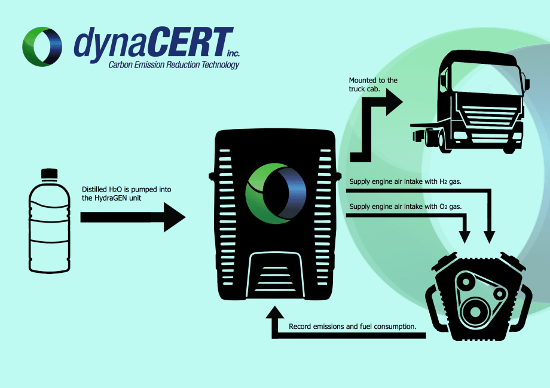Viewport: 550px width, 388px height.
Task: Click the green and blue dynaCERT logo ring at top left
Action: click(x=41, y=46)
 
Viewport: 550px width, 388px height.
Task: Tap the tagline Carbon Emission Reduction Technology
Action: click(x=174, y=64)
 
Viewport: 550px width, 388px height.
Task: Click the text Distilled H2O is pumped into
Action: click(x=126, y=190)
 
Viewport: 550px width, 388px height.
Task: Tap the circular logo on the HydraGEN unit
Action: click(x=276, y=192)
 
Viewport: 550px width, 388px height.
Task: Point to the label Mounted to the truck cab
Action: click(x=373, y=84)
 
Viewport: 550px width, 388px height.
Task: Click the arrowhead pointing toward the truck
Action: click(x=394, y=102)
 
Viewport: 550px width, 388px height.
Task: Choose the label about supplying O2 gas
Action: click(x=405, y=207)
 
